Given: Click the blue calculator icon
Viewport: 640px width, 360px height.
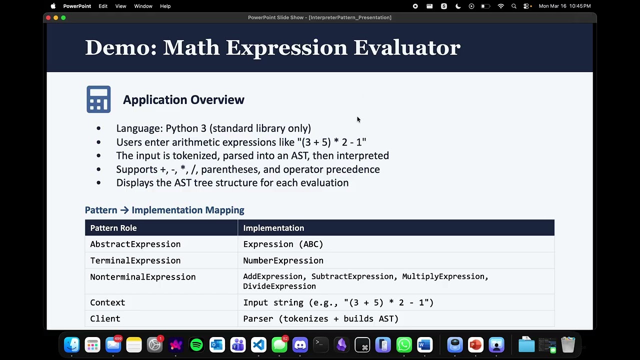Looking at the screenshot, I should (98, 99).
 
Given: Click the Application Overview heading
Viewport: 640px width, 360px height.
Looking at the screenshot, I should (183, 100).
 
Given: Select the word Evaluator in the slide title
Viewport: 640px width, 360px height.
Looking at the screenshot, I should (406, 48).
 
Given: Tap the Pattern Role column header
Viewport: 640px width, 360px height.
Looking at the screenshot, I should (113, 228).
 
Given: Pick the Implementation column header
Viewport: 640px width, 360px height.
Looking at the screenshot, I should (273, 228).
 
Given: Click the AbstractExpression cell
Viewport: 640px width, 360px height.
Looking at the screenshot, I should (135, 244).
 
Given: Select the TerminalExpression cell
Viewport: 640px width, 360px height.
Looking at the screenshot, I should (135, 260).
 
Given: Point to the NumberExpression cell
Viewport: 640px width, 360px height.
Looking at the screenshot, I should (283, 260).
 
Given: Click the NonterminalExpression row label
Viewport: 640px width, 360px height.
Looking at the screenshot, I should (143, 277).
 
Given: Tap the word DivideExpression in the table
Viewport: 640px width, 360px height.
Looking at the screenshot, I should (279, 286).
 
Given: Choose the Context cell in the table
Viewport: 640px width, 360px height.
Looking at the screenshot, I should (107, 302).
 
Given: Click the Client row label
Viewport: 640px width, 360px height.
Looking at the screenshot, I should (105, 318).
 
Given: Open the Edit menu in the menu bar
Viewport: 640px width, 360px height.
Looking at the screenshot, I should (103, 6).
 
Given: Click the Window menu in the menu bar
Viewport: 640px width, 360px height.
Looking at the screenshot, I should (143, 6).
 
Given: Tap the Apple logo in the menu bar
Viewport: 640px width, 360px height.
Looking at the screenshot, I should (53, 6).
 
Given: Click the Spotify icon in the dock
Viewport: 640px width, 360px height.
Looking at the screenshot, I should (196, 345).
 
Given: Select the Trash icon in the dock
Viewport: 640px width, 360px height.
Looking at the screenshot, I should (568, 345).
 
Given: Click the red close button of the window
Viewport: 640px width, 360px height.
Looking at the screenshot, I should (48, 17).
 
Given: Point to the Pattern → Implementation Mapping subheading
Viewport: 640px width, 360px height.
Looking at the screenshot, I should (164, 210).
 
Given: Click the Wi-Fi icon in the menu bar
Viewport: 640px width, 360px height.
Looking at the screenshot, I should (500, 6).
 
